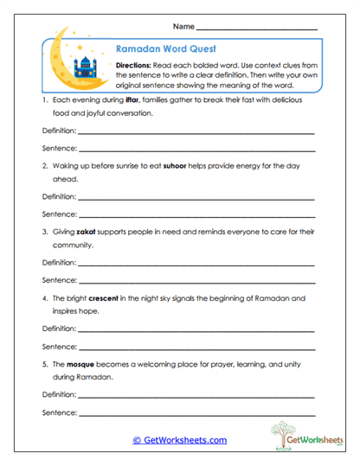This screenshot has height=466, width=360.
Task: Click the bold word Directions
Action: point(136,66)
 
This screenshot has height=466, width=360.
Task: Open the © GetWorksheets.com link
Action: point(179,440)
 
